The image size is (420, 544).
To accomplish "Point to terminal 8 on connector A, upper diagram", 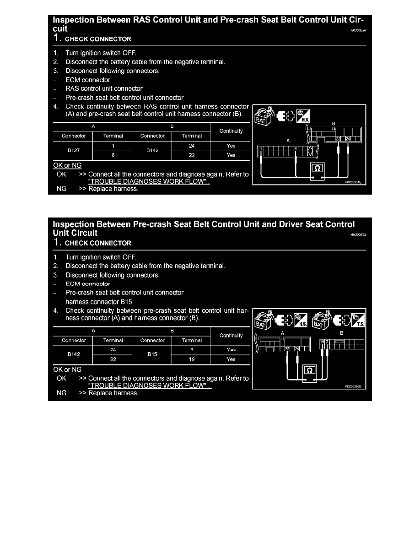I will pyautogui.click(x=296, y=148).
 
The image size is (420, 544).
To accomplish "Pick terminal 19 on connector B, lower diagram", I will pyautogui.click(x=322, y=342).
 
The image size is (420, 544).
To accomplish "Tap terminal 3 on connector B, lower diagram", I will pyautogui.click(x=327, y=342).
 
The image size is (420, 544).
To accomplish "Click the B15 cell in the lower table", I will pyautogui.click(x=152, y=354).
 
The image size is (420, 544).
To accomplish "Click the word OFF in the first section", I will pyautogui.click(x=128, y=53).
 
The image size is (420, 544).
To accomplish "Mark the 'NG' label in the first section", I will pyautogui.click(x=61, y=189).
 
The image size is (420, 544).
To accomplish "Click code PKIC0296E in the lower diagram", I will pyautogui.click(x=353, y=386).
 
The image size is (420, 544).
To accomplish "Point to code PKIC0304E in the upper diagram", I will pyautogui.click(x=353, y=182).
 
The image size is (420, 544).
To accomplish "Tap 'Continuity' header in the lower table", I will pyautogui.click(x=231, y=336).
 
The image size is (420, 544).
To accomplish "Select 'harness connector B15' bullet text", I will pyautogui.click(x=99, y=302).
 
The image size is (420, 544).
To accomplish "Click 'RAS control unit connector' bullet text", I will pyautogui.click(x=104, y=88).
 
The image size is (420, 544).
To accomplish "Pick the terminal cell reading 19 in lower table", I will pyautogui.click(x=192, y=359).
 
